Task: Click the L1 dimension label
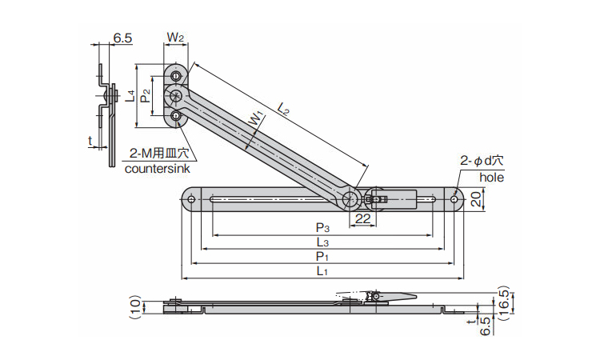(322, 272)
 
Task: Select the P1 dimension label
(322, 257)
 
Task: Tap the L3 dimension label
(322, 242)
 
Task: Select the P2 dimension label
(145, 96)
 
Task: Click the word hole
(491, 178)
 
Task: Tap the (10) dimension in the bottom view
(135, 306)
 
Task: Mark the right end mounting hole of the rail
(455, 198)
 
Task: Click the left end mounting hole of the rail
(191, 198)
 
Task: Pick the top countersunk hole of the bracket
(176, 75)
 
